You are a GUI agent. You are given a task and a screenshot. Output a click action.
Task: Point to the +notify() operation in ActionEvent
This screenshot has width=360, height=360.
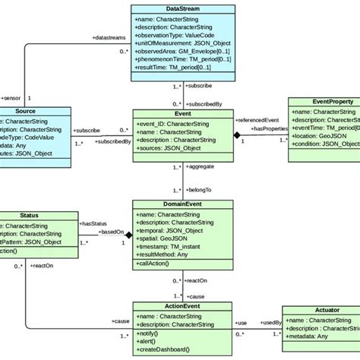coord(150,332)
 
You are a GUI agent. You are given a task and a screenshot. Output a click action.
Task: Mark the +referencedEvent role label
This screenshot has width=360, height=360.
coord(257,120)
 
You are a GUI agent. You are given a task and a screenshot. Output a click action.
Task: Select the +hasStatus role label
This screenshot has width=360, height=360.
coord(94,223)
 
